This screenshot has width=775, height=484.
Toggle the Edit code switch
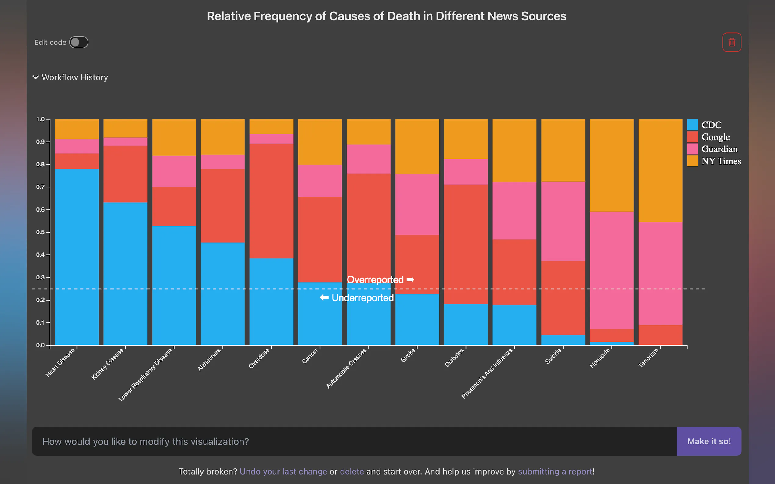tap(78, 42)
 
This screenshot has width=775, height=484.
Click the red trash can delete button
tap(731, 42)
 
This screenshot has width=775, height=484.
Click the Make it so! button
tap(709, 441)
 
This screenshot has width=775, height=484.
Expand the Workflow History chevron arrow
tap(36, 77)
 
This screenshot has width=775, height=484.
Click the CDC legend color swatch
tap(692, 125)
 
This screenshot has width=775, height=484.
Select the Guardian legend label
tap(719, 149)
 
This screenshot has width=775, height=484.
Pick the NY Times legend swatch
tap(692, 161)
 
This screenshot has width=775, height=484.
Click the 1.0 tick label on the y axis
tap(40, 119)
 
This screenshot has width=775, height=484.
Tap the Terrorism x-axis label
tap(648, 358)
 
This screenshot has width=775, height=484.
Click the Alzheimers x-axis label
tap(209, 360)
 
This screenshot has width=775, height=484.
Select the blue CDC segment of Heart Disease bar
tap(77, 256)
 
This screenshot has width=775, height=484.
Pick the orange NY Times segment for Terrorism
tap(660, 171)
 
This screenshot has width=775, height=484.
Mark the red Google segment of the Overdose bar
tap(271, 201)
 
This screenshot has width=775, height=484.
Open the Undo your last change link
tap(283, 472)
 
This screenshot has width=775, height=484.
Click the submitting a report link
tap(555, 472)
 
